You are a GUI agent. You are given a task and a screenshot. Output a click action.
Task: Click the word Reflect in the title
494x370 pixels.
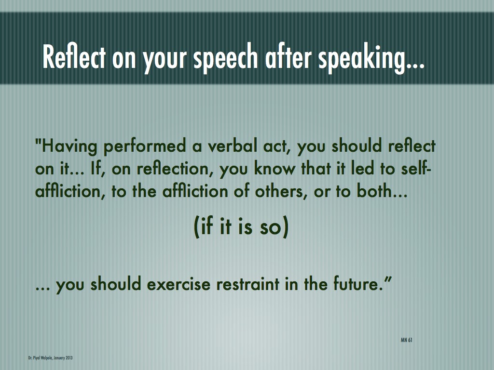[74, 57]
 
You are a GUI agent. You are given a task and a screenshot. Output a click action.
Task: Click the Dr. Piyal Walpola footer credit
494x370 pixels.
[50, 358]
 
